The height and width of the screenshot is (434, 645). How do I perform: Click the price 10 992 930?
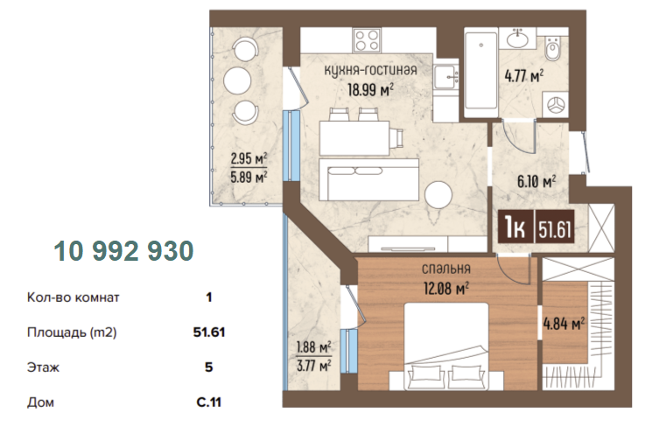(123, 250)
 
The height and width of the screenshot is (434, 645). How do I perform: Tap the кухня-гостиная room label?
(370, 70)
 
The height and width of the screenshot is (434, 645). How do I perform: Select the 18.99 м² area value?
(370, 89)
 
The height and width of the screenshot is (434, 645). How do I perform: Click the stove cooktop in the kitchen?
(367, 40)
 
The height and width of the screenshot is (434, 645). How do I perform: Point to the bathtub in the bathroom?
(480, 70)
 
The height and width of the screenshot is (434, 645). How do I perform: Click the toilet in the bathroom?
(552, 48)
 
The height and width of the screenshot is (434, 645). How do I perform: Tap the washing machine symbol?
(556, 103)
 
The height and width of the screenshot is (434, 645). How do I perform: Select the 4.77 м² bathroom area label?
(524, 76)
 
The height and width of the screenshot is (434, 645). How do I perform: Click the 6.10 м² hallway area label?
(536, 181)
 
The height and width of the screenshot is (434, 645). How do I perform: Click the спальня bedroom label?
(446, 269)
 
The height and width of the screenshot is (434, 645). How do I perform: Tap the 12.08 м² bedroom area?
(446, 289)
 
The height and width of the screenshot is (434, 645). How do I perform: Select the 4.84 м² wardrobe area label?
(564, 324)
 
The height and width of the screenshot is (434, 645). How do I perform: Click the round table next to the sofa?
(438, 194)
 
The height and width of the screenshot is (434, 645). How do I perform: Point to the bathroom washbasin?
(518, 39)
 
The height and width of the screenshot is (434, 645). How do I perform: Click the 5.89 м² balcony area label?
(249, 178)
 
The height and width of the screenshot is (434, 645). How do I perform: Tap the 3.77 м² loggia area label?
(314, 365)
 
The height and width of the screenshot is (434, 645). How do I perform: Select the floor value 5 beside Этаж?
(209, 367)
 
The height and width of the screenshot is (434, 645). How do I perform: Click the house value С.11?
(209, 402)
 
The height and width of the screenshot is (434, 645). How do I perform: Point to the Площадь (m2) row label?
(72, 332)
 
